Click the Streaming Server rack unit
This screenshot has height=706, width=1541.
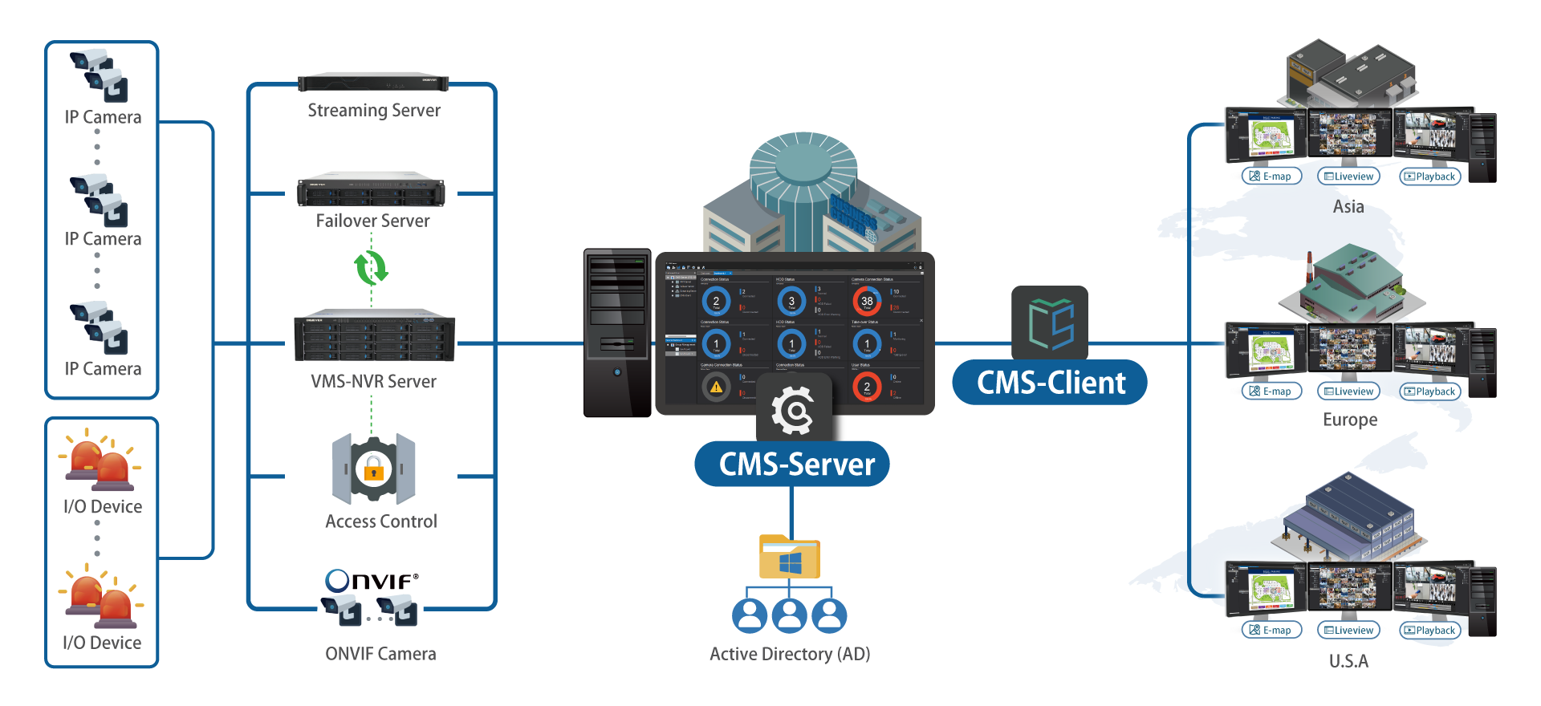click(x=373, y=83)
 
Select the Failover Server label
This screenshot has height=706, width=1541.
click(x=372, y=221)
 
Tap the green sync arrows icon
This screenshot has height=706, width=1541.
click(x=371, y=267)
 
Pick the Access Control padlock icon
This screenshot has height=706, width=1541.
click(x=373, y=469)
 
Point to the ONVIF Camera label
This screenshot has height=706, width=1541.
click(x=380, y=654)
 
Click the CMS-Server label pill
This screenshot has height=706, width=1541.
click(x=792, y=465)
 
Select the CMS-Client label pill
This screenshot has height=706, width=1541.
click(x=1050, y=383)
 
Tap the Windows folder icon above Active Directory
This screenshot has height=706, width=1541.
click(x=790, y=557)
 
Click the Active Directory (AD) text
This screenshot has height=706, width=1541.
click(x=790, y=654)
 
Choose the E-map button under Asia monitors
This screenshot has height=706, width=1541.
click(x=1271, y=176)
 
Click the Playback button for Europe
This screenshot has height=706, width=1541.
click(x=1429, y=392)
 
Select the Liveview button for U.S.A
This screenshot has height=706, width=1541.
click(x=1348, y=631)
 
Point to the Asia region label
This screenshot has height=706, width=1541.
click(x=1348, y=207)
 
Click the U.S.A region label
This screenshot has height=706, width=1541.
click(x=1348, y=661)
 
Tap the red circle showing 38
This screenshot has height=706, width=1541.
click(x=867, y=301)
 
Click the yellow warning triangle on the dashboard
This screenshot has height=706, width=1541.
click(x=716, y=387)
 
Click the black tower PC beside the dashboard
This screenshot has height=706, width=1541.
click(x=616, y=333)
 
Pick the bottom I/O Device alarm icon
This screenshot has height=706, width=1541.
click(x=102, y=600)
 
